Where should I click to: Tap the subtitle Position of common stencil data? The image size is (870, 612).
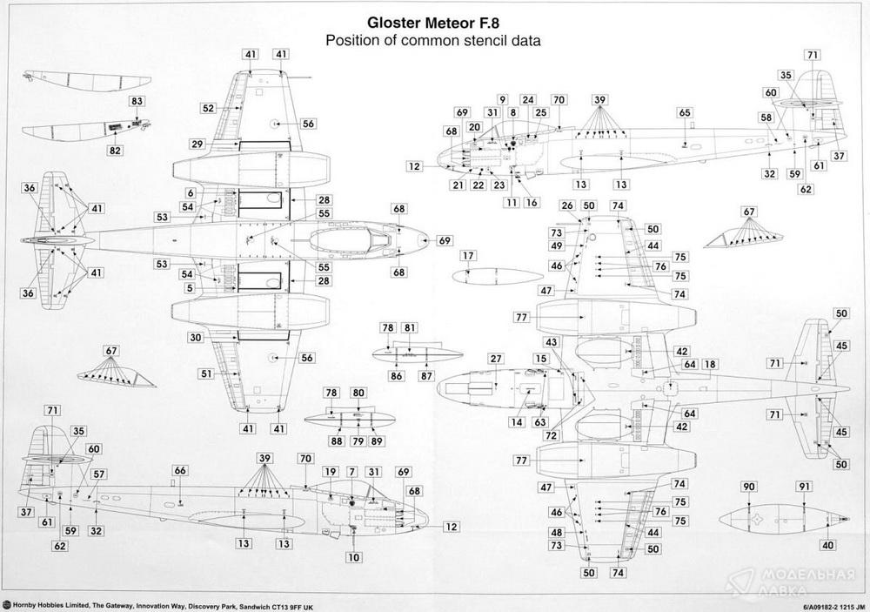coord(432,41)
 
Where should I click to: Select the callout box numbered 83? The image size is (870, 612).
coord(137,102)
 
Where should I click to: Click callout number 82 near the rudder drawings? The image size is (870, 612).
coord(116,151)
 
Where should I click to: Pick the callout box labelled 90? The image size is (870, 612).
coord(750,488)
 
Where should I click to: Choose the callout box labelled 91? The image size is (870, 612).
coord(805,488)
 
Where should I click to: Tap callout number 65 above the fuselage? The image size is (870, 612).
coord(685,113)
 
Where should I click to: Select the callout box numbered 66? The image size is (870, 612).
coord(180,471)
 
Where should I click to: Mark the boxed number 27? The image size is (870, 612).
coord(495,359)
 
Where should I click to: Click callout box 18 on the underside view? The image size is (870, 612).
coord(710,364)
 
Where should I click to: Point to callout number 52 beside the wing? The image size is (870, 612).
coord(208,109)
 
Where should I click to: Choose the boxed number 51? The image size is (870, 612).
coord(206,373)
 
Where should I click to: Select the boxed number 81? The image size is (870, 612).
coord(410,327)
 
